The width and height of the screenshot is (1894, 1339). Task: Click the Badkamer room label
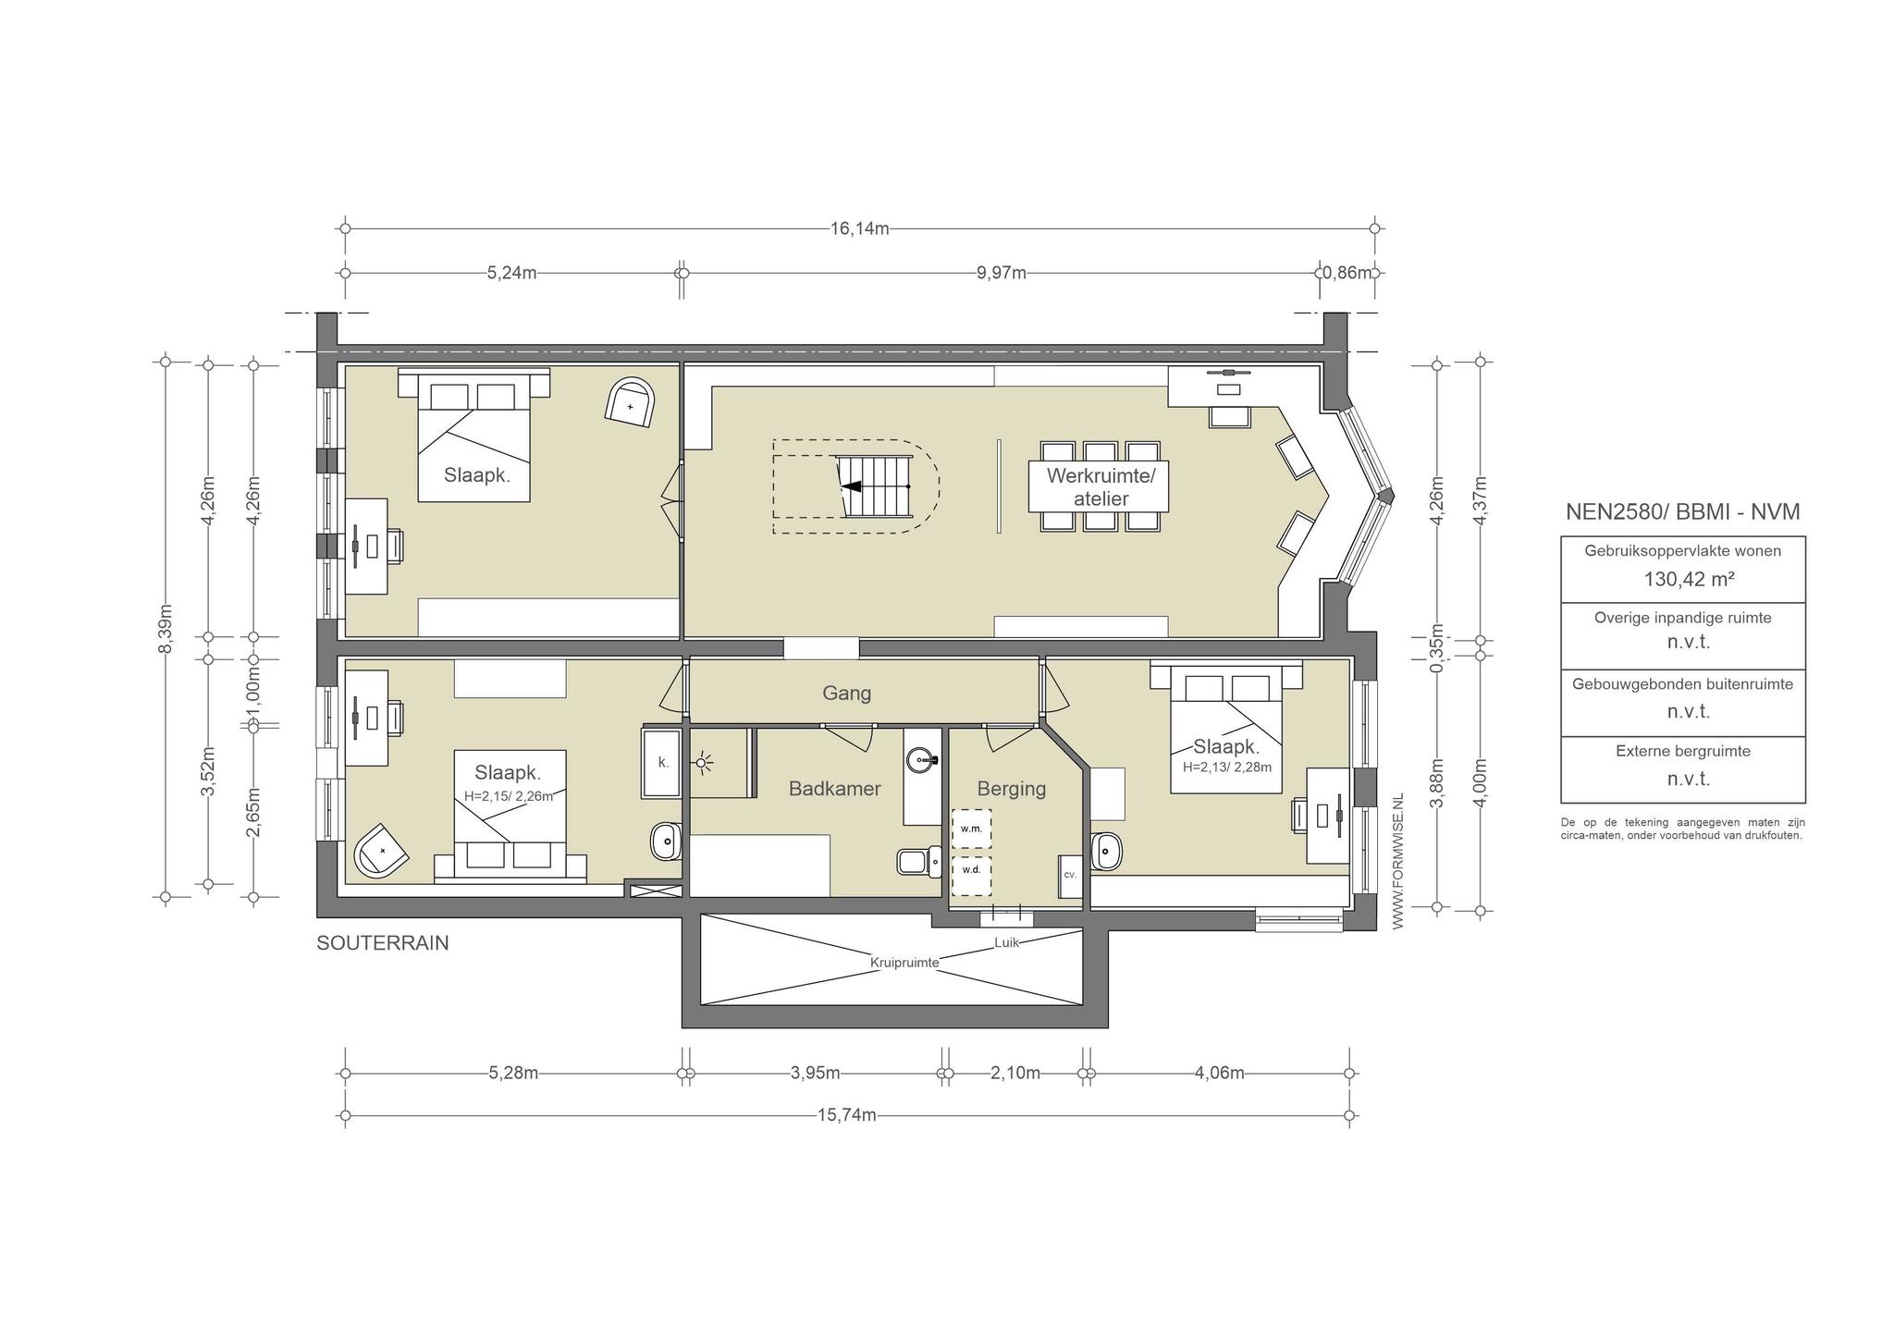click(x=834, y=789)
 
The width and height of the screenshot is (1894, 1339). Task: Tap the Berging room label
click(x=1012, y=789)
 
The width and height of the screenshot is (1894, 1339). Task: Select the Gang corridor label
click(x=847, y=693)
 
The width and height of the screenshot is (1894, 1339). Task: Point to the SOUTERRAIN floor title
click(x=383, y=943)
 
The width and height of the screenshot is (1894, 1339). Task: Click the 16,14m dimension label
click(x=859, y=228)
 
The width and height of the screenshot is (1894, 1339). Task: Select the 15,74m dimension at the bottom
click(x=846, y=1115)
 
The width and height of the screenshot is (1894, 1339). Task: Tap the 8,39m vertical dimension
click(x=166, y=629)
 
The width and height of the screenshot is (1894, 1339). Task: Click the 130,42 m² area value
click(x=1682, y=580)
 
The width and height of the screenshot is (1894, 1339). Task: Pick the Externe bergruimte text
click(x=1683, y=751)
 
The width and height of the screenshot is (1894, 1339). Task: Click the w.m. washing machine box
click(x=971, y=829)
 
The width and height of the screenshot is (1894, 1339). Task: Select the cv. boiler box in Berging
click(x=1070, y=876)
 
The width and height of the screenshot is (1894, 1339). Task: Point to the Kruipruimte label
click(x=904, y=963)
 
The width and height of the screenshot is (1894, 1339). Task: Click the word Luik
click(x=1006, y=942)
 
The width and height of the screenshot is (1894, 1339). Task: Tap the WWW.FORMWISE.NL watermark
click(x=1396, y=860)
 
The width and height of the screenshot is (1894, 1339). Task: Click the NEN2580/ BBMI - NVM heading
click(x=1682, y=511)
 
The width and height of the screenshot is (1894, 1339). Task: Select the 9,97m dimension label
click(x=1002, y=273)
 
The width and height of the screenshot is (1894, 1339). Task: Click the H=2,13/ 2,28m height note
click(x=1226, y=767)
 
